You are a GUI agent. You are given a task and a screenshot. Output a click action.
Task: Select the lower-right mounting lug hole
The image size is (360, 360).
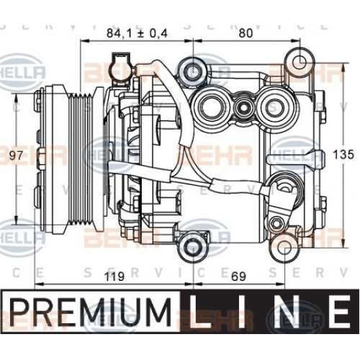click(x=286, y=248)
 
